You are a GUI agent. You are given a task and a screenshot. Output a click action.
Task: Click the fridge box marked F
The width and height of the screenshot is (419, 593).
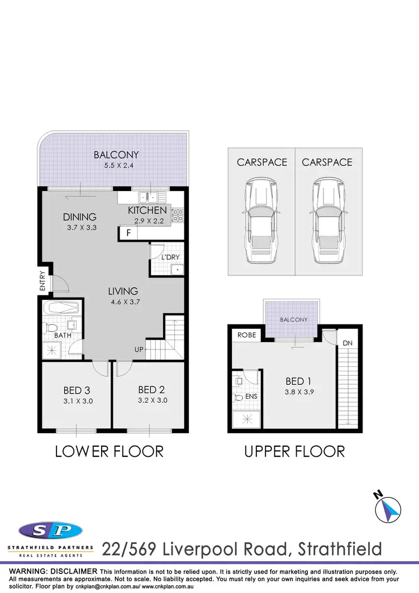point(128,233)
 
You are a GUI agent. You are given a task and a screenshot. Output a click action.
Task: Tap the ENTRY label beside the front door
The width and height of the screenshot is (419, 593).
point(42,280)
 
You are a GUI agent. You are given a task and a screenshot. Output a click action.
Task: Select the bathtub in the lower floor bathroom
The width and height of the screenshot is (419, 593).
point(61,308)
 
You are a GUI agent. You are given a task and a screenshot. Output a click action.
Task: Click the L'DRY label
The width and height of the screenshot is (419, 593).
point(170,257)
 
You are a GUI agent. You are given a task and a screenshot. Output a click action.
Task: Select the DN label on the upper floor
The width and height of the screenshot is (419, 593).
point(347,343)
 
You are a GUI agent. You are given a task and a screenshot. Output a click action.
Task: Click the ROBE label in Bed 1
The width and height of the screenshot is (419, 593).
point(246,336)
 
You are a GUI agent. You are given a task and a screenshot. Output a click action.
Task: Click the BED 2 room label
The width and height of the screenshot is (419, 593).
point(151,389)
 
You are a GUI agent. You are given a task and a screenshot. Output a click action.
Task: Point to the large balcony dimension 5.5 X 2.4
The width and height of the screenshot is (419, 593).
point(116,166)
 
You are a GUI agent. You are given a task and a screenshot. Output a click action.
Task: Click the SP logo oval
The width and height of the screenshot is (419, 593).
point(50,530)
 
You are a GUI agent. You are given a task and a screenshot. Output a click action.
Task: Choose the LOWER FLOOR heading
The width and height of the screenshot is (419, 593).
point(109,451)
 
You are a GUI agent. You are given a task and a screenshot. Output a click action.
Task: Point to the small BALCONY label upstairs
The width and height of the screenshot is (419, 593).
point(294,319)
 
